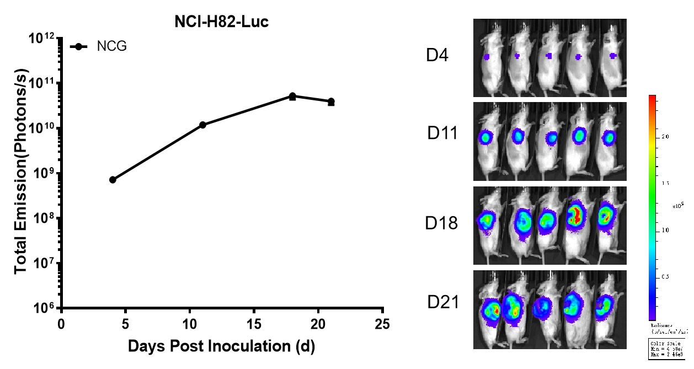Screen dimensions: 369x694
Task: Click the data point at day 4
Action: (x=113, y=180)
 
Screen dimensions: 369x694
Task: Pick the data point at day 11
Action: (x=202, y=125)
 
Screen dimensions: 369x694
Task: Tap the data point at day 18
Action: (x=292, y=96)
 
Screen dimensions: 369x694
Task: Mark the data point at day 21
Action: (x=331, y=101)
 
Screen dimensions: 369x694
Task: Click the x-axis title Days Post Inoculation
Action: (x=221, y=346)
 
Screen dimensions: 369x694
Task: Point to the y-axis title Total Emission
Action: (x=21, y=174)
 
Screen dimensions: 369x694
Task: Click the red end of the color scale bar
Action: (x=652, y=99)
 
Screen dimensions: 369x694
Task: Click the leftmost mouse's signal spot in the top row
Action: (x=487, y=57)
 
